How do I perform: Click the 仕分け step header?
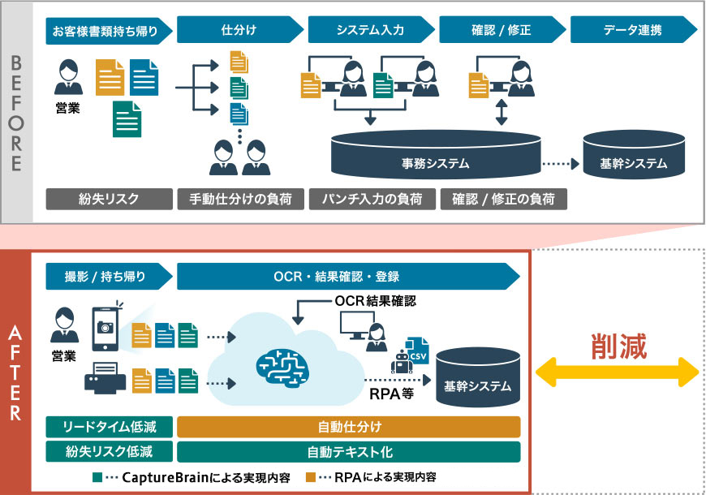(x=239, y=31)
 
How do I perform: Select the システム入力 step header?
(x=370, y=31)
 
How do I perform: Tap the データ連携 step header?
(x=631, y=31)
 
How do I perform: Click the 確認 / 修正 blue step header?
(x=501, y=31)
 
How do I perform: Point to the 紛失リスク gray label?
(x=109, y=199)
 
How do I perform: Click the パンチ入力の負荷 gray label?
(x=370, y=199)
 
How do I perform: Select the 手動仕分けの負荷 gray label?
(x=239, y=199)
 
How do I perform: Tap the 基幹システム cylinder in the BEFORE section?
(x=633, y=158)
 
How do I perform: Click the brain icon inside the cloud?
(x=287, y=364)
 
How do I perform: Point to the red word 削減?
(x=618, y=346)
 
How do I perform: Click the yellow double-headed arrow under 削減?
(x=618, y=375)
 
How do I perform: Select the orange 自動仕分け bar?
(x=348, y=427)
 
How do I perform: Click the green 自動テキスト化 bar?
(x=348, y=451)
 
